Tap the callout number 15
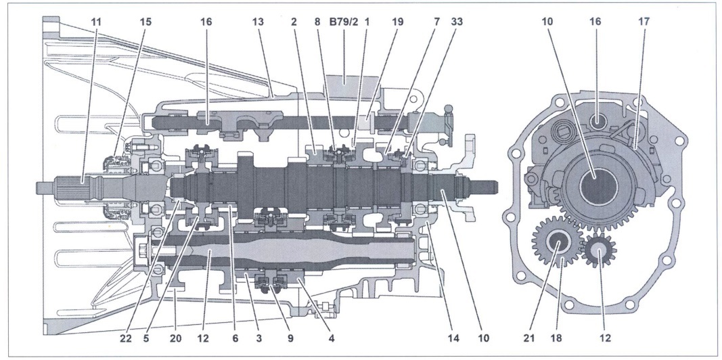click(147, 22)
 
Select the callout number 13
click(258, 22)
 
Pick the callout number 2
click(294, 22)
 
